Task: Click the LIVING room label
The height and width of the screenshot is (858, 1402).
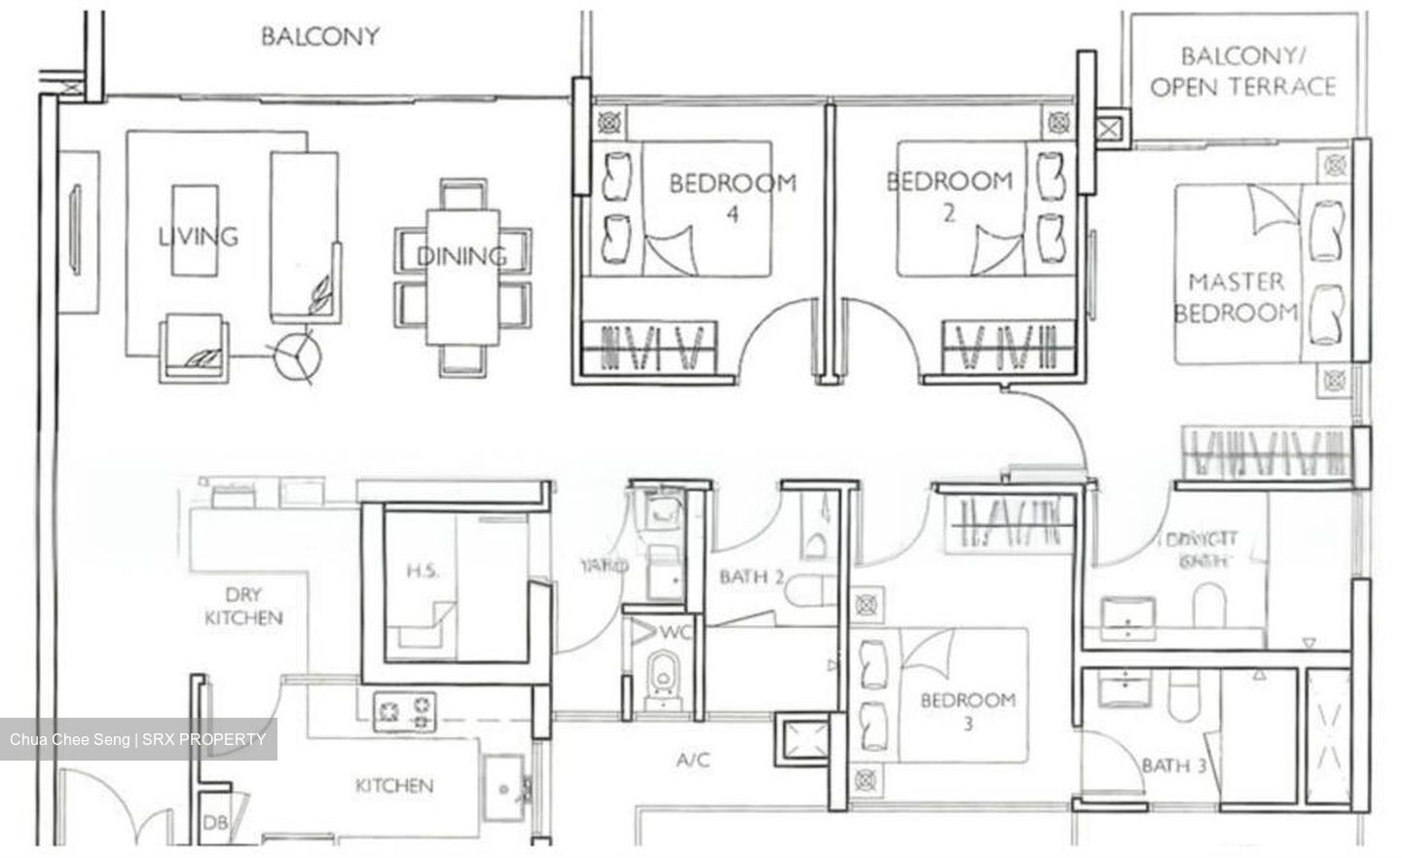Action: point(198,236)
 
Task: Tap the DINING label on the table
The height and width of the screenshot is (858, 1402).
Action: point(461,256)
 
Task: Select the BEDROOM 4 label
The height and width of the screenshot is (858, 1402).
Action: point(732,196)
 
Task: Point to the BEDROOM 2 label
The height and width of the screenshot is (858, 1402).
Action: point(949,194)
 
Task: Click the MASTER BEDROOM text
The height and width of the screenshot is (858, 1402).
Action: point(1236,297)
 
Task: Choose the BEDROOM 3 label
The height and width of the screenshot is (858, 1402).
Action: point(968,711)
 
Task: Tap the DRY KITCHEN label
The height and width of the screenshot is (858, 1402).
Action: point(243,606)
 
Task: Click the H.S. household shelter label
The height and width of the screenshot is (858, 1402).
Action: point(422,571)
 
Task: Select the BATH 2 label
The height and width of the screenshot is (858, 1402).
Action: point(752,577)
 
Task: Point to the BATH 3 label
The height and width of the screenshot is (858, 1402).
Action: point(1174,765)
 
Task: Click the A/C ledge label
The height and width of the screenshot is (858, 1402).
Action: point(692,760)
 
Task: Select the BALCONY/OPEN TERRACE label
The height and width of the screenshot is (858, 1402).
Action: point(1242,71)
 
